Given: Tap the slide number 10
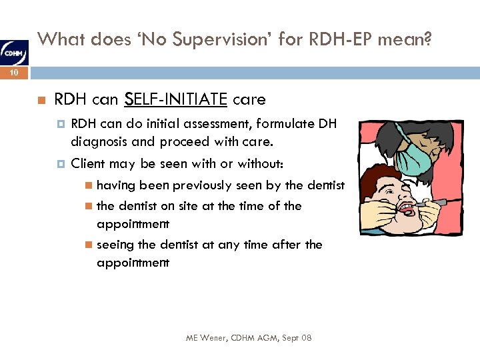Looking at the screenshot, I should (x=15, y=75).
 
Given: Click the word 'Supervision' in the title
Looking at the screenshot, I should (x=200, y=41).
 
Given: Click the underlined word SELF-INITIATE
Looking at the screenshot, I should (x=175, y=100).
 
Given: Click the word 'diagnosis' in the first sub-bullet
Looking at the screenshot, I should (x=99, y=141).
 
